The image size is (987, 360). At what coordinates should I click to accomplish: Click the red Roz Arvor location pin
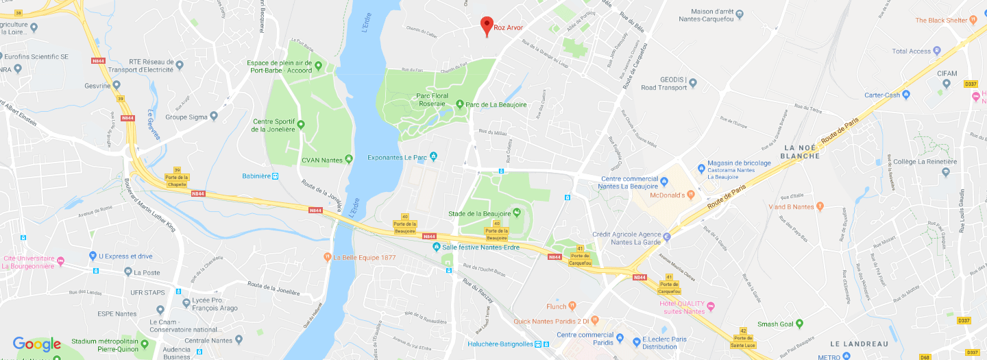tap(487, 25)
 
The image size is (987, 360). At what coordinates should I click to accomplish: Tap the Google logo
tap(37, 344)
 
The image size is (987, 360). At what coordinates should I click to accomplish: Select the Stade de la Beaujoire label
tap(484, 213)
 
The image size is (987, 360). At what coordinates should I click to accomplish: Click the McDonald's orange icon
tap(691, 195)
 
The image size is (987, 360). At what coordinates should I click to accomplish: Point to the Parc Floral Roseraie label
tap(432, 100)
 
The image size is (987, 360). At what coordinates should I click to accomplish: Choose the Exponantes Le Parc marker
tap(432, 157)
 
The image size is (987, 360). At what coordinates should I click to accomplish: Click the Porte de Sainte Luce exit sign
tap(743, 335)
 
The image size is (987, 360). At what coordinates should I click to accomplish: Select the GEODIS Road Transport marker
tap(693, 83)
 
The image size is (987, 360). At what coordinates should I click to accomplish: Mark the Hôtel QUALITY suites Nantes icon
tap(711, 306)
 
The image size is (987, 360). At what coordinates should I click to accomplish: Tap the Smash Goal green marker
tap(799, 324)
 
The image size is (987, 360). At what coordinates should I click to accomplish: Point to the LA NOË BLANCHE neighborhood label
tap(801, 152)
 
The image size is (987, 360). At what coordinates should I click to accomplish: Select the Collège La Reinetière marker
tap(888, 162)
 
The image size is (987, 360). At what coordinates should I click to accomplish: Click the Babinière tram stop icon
tap(275, 176)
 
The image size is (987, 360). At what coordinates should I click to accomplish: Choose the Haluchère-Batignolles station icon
tap(538, 344)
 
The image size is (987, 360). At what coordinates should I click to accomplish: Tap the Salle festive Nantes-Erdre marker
tap(436, 247)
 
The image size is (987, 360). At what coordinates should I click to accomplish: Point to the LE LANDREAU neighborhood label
tap(859, 344)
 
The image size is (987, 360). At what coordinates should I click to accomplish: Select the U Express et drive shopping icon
tap(93, 256)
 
